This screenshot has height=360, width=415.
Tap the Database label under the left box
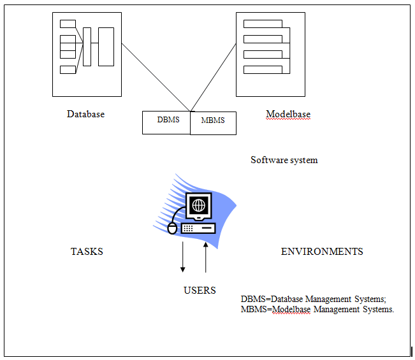pyautogui.click(x=85, y=114)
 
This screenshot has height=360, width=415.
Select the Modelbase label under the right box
pyautogui.click(x=288, y=115)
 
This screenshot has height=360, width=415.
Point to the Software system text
pyautogui.click(x=284, y=160)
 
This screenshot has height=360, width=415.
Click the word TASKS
pyautogui.click(x=87, y=252)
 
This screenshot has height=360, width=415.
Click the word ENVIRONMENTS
pyautogui.click(x=322, y=252)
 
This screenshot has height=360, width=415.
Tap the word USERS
pyautogui.click(x=200, y=291)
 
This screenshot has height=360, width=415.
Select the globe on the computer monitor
pyautogui.click(x=200, y=205)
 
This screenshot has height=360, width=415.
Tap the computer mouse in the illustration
pyautogui.click(x=172, y=227)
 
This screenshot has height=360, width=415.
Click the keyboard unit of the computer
pyautogui.click(x=198, y=227)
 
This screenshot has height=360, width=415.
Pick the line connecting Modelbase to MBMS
pyautogui.click(x=214, y=77)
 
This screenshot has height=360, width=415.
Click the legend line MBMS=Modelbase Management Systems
pyautogui.click(x=317, y=310)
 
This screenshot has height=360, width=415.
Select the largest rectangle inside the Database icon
pyautogui.click(x=106, y=47)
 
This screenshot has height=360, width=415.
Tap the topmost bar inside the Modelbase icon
pyautogui.click(x=263, y=24)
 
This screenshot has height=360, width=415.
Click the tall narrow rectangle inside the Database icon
pyautogui.click(x=87, y=47)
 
